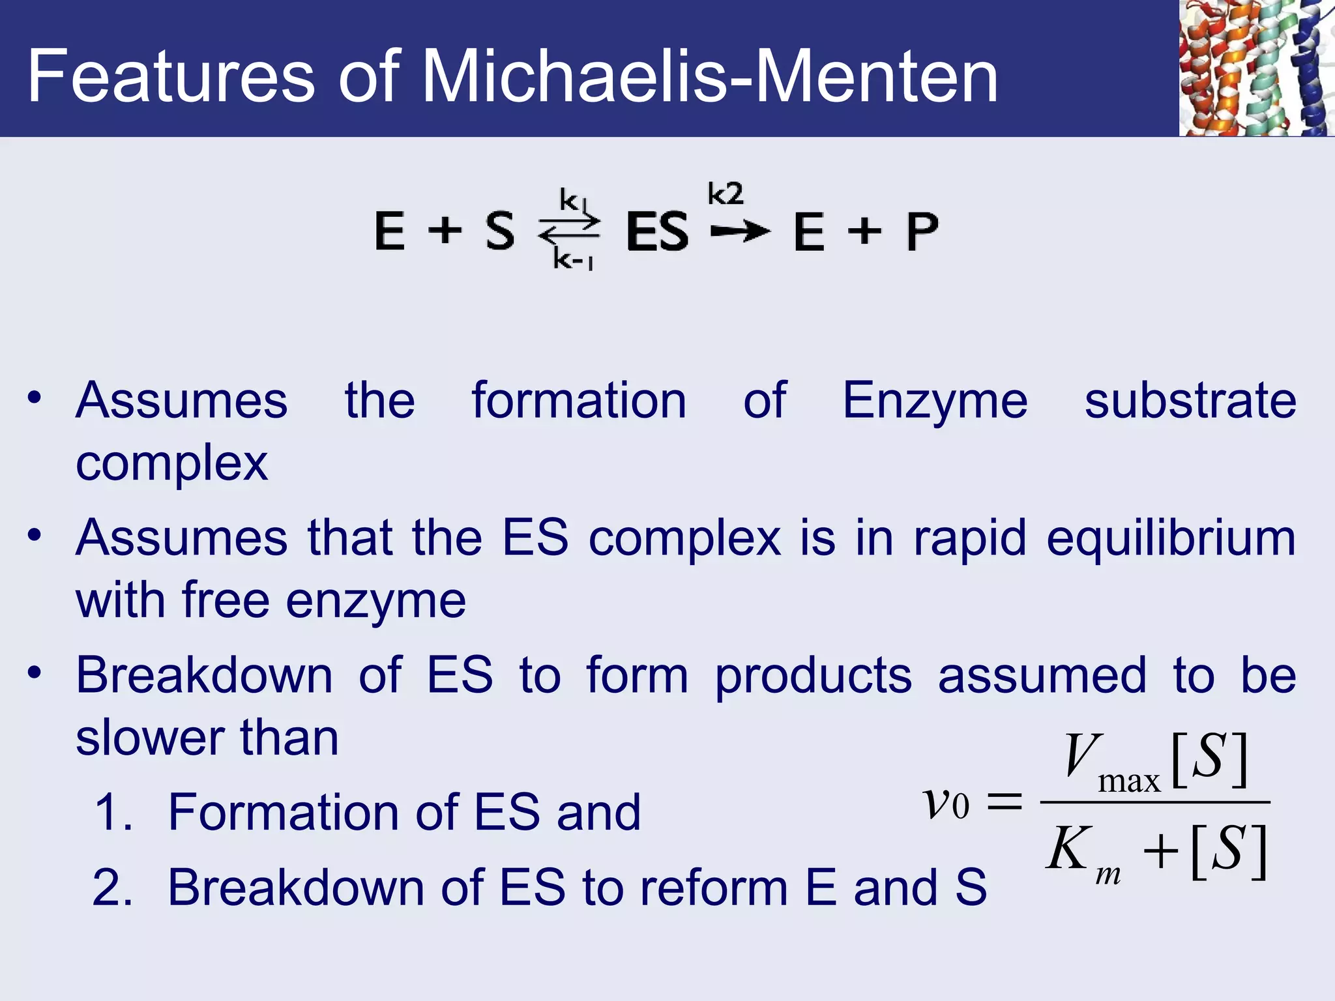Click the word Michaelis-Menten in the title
(711, 77)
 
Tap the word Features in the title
(171, 77)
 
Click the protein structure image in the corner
(1256, 68)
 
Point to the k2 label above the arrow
(725, 194)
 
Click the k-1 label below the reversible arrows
(572, 260)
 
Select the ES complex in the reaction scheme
(657, 231)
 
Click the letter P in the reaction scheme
(922, 231)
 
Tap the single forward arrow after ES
(740, 231)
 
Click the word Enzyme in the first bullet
(935, 401)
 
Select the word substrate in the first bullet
(1190, 401)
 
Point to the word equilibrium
(1171, 539)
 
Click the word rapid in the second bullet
(970, 539)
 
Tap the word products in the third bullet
(814, 676)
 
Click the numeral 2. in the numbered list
(113, 888)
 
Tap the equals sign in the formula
(1005, 802)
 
